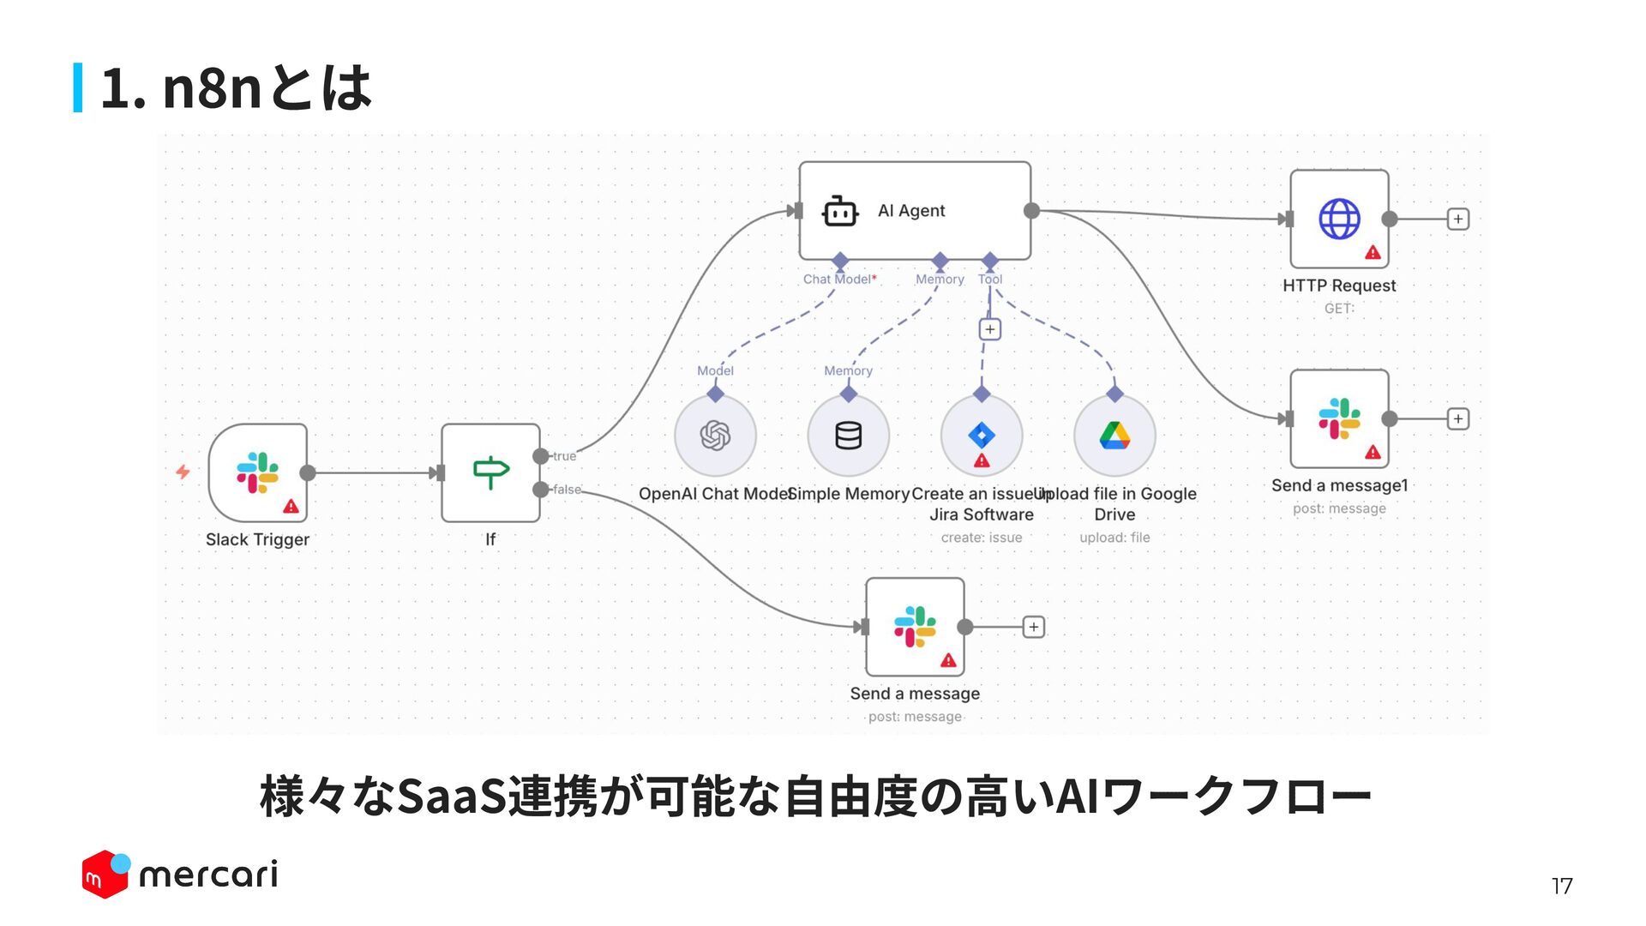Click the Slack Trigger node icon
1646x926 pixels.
pyautogui.click(x=257, y=472)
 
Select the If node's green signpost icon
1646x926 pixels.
pyautogui.click(x=491, y=472)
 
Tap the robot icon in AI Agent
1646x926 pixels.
pyautogui.click(x=839, y=211)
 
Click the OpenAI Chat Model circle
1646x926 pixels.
pyautogui.click(x=715, y=436)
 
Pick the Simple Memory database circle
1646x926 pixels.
pyautogui.click(x=848, y=436)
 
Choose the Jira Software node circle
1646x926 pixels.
pyautogui.click(x=982, y=436)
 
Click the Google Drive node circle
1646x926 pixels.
pyautogui.click(x=1114, y=436)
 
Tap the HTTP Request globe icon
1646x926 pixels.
pyautogui.click(x=1339, y=219)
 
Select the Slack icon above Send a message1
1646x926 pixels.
pyautogui.click(x=1339, y=418)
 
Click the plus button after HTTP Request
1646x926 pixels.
pyautogui.click(x=1457, y=219)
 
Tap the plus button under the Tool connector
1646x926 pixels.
pyautogui.click(x=990, y=329)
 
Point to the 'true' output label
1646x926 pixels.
pyautogui.click(x=564, y=456)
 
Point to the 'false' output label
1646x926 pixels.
pyautogui.click(x=567, y=490)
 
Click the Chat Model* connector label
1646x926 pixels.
pyautogui.click(x=839, y=280)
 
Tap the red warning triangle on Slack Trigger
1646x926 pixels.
pyautogui.click(x=291, y=507)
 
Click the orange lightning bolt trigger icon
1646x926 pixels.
pyautogui.click(x=183, y=472)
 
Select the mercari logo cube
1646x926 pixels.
pyautogui.click(x=105, y=875)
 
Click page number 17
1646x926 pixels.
pyautogui.click(x=1561, y=886)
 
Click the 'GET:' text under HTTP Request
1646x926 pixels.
pyautogui.click(x=1339, y=309)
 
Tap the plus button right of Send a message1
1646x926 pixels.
pyautogui.click(x=1457, y=418)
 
